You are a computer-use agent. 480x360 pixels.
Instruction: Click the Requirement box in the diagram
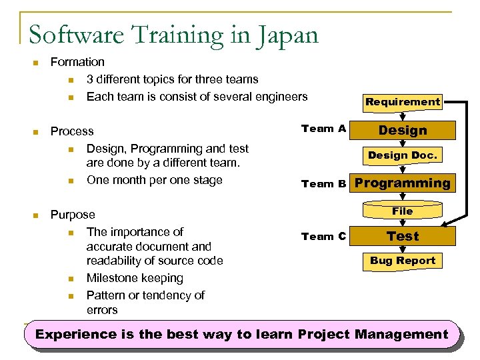402,102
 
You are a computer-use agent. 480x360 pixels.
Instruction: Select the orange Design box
402,131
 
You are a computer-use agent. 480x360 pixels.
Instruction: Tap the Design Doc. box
402,155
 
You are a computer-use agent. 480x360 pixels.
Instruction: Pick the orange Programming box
402,183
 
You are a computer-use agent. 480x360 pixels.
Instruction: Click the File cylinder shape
402,211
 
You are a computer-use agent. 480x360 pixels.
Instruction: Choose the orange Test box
402,237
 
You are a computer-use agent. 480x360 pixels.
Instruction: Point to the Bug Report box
402,261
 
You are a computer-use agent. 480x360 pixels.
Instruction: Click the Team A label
323,129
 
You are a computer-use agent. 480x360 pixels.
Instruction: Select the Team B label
323,184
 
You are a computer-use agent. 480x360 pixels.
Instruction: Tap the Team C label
323,236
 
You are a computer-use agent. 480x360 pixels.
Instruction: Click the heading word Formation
77,62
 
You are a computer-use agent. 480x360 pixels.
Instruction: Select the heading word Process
72,131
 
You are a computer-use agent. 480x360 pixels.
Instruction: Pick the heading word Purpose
73,215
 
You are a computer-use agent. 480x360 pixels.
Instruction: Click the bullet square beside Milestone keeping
71,279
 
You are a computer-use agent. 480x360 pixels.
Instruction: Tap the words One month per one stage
154,180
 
